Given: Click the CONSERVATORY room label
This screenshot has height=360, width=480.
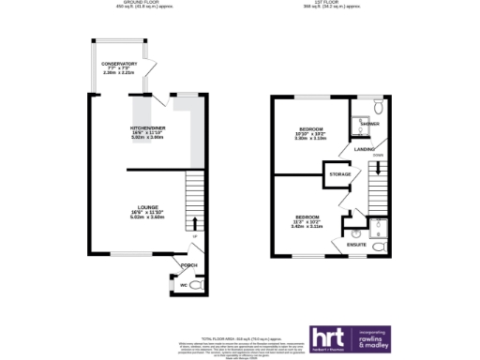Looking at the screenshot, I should coord(119,64).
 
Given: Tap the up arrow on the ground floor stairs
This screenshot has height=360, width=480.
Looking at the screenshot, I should coord(194,223).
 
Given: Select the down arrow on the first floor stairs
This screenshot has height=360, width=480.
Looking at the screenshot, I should coord(377,170).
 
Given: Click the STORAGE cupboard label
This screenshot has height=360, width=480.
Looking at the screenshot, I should coord(339,173).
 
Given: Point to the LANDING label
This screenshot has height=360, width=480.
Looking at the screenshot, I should coord(366,148).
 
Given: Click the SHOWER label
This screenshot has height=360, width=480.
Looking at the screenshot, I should coord(368,123).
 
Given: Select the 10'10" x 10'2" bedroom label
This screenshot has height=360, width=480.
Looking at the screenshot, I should coord(311,128).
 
